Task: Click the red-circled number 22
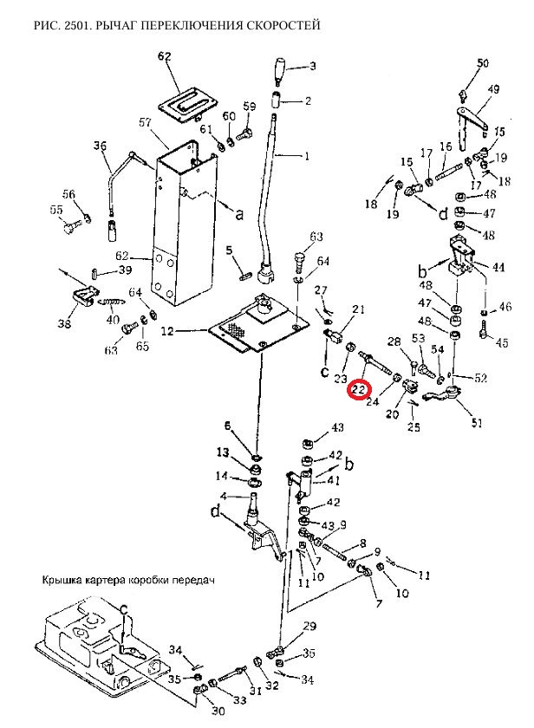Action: (360, 387)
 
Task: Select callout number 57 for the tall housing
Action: (146, 122)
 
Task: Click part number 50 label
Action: (483, 62)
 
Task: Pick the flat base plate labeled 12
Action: (258, 324)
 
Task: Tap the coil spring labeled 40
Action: (112, 302)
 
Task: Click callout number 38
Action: (64, 322)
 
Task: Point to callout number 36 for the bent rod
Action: (100, 146)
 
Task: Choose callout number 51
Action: (477, 423)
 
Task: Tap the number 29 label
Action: (309, 627)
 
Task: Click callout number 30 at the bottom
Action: (218, 711)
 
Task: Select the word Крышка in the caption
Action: (57, 580)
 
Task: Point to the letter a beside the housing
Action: (239, 214)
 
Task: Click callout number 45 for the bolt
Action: (502, 342)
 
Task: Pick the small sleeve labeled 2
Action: (277, 99)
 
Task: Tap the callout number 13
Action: (223, 452)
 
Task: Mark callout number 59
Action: (250, 107)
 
